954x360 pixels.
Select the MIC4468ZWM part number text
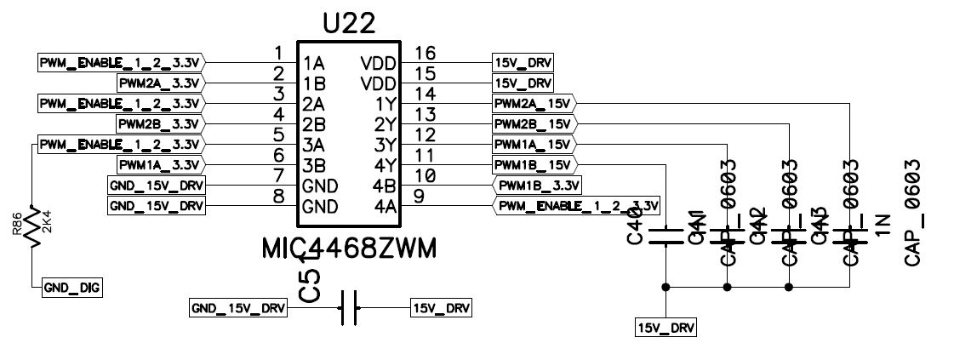pos(349,249)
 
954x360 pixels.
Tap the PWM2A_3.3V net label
pos(159,83)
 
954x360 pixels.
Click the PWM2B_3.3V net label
pos(159,123)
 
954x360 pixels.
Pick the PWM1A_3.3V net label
pos(159,164)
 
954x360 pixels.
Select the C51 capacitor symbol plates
pos(347,307)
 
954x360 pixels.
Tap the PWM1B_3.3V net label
pos(538,185)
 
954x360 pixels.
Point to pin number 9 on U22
pos(418,197)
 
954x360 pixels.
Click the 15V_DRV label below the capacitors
pos(666,327)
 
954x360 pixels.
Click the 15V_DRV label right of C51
pos(441,307)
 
